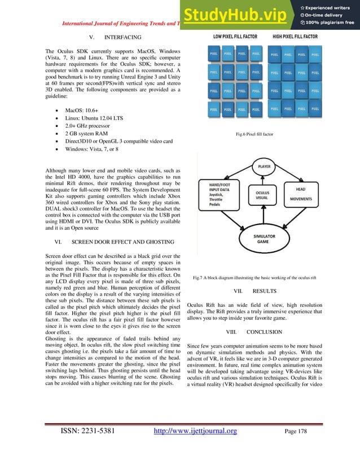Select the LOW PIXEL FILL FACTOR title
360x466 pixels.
click(x=235, y=37)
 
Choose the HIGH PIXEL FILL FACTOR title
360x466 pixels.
click(x=295, y=37)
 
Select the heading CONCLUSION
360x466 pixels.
click(x=264, y=332)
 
